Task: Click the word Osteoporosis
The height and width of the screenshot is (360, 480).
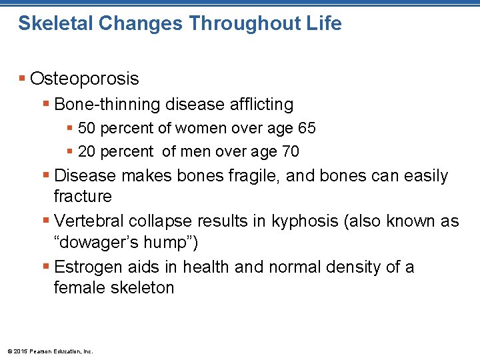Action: click(x=85, y=79)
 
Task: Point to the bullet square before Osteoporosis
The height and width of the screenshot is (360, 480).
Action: click(x=23, y=79)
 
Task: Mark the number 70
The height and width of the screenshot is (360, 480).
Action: click(x=290, y=151)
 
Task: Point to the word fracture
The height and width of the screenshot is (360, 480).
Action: click(x=83, y=196)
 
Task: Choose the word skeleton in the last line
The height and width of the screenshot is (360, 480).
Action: click(x=142, y=288)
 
